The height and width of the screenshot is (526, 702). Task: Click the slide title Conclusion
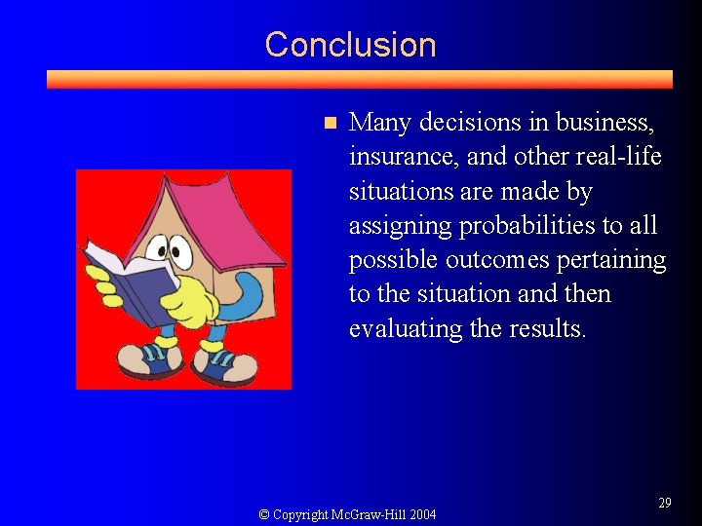tap(350, 45)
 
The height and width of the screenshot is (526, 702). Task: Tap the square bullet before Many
tap(330, 123)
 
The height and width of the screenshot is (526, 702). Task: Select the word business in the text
tap(604, 123)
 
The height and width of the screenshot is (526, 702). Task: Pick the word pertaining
tap(611, 260)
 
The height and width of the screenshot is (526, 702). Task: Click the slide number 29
tap(665, 503)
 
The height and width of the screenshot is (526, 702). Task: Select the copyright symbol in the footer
tap(264, 514)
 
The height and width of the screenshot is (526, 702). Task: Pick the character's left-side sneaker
tap(146, 360)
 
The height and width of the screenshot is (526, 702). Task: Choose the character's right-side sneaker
tap(223, 364)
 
